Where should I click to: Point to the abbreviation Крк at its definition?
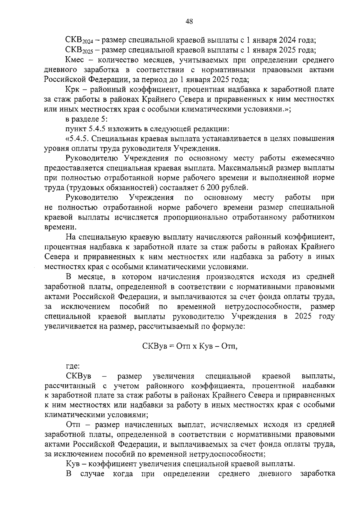click(72, 89)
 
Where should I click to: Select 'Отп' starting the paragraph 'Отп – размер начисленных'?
click(72, 425)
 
